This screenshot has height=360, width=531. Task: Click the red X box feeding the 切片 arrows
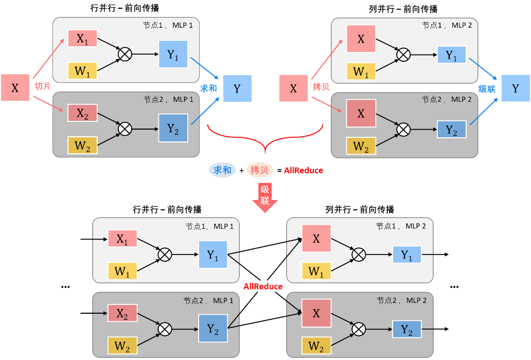click(x=15, y=88)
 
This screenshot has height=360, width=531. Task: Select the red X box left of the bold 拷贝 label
click(x=293, y=88)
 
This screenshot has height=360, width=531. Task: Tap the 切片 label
click(x=42, y=86)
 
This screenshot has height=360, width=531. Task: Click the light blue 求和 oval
click(x=222, y=170)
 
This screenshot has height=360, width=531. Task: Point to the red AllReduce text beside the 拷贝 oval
click(x=304, y=170)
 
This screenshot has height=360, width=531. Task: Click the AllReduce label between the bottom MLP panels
click(x=263, y=286)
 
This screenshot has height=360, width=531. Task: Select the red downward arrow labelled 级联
click(x=264, y=196)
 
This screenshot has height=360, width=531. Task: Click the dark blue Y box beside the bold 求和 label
click(x=237, y=88)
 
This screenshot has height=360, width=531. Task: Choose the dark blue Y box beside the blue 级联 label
click(x=516, y=88)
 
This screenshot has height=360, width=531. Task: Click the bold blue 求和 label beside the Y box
click(x=208, y=88)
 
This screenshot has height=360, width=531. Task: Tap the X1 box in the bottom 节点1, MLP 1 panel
click(x=122, y=239)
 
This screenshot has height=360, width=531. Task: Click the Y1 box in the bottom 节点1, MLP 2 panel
click(x=406, y=255)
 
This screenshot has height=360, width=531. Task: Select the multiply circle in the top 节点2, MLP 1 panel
click(x=125, y=129)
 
